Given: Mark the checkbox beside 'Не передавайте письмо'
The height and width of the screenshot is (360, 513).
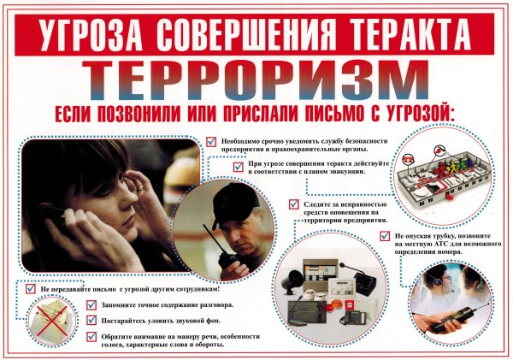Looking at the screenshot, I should [x=30, y=290].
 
